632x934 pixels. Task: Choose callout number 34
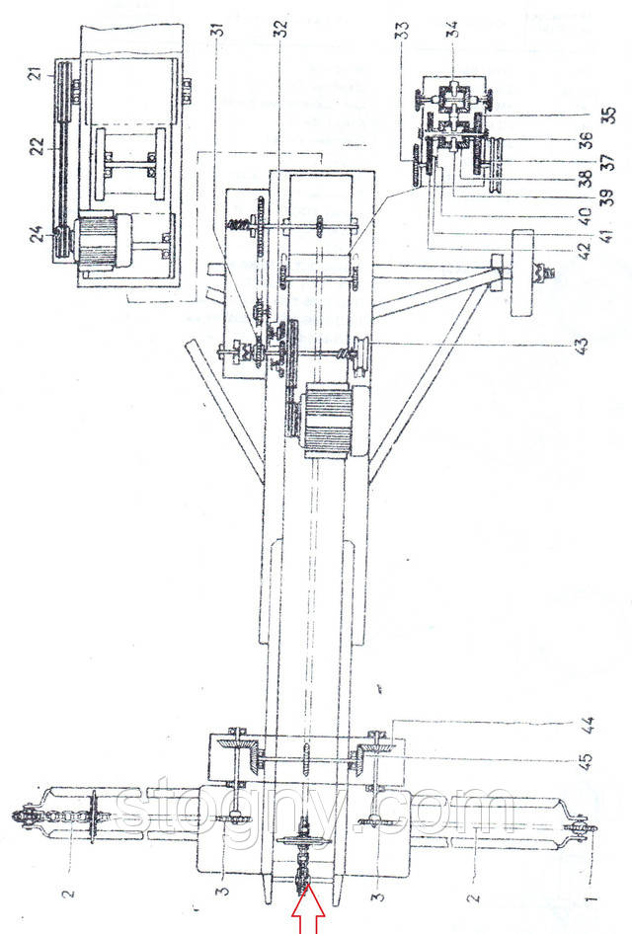[x=452, y=38]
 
